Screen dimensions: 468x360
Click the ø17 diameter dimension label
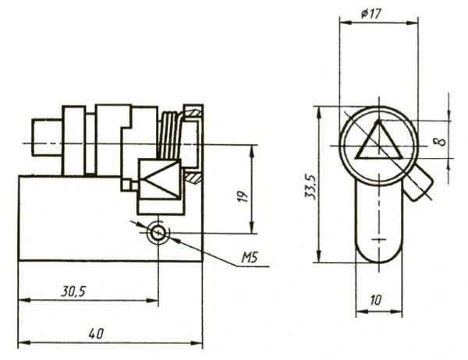tap(371, 14)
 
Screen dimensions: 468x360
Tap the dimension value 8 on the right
tap(441, 141)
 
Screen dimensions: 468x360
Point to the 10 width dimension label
tap(376, 300)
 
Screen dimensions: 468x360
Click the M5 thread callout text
tap(250, 257)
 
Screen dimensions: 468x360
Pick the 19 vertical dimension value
tap(243, 196)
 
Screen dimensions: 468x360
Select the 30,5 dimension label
tap(73, 291)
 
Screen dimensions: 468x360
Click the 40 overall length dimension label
tap(96, 334)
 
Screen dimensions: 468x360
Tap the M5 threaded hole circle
tap(158, 233)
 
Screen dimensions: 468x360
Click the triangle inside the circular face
tap(379, 140)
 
